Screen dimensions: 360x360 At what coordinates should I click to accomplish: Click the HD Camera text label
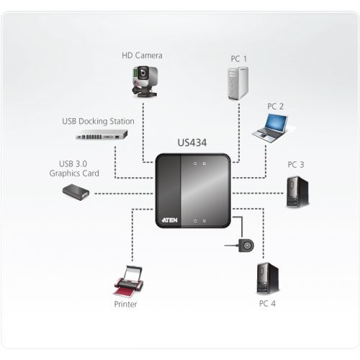[143, 55]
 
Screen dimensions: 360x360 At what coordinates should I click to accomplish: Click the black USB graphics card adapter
[76, 192]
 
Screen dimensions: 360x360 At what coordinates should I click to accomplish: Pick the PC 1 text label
[238, 58]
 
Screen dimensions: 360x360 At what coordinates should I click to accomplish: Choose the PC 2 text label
[276, 107]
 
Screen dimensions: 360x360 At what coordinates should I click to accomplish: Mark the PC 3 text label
[296, 165]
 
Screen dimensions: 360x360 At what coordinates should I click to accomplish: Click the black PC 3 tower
[296, 190]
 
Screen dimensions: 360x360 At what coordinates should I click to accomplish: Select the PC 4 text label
[267, 304]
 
